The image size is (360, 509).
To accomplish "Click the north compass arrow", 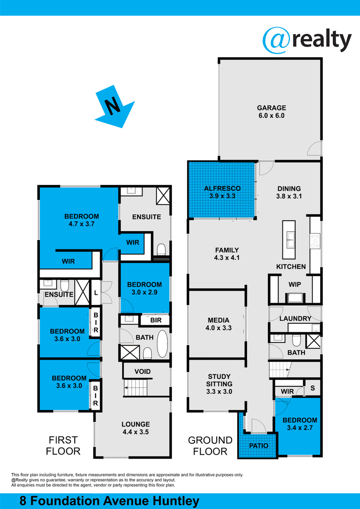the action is coord(115,107).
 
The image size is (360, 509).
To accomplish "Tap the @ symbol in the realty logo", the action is coord(276,40).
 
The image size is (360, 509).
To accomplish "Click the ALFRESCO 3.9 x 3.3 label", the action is coord(222,192).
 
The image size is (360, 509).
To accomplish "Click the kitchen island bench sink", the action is coord(289,240).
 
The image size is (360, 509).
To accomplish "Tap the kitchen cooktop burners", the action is coord(315,241).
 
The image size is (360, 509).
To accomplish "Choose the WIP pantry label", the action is coord(295,284).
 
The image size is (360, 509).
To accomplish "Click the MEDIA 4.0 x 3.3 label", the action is coord(218,324).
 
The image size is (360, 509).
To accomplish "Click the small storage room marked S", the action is coord(313,388).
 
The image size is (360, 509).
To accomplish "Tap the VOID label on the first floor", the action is coord(142,371).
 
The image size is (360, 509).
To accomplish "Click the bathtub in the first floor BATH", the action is coord(162,344).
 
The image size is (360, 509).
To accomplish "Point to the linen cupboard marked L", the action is coord(96,293).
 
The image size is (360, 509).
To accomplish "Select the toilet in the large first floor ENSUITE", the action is coord(161,249).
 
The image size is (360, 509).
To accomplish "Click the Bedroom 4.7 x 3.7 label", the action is coord(81,220).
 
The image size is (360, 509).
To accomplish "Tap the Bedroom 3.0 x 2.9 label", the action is coord(145,288).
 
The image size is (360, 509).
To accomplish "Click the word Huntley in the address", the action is coord(176,501).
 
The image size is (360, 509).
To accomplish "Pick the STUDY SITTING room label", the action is coord(219,384).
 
